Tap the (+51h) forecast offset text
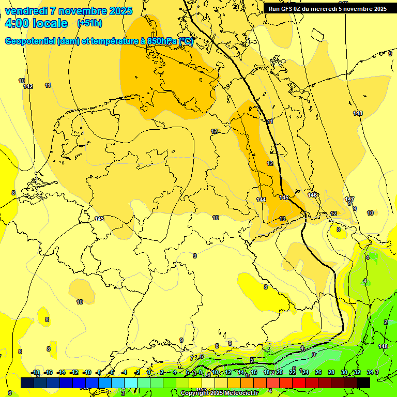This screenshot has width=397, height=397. click(x=89, y=23)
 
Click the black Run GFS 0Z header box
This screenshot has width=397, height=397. click(x=327, y=9)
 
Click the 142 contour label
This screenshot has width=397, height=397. click(x=28, y=86)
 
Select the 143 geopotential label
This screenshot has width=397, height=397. click(x=99, y=219)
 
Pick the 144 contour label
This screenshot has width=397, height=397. click(x=261, y=200)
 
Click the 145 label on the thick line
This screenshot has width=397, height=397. click(x=284, y=197)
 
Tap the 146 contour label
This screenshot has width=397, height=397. click(x=312, y=195)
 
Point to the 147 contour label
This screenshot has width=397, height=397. click(x=349, y=199)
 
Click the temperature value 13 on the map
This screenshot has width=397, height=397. click(x=282, y=219)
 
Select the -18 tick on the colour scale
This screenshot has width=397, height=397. click(x=35, y=372)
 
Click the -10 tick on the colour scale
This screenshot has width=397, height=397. click(x=87, y=372)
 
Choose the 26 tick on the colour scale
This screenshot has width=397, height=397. click(x=318, y=372)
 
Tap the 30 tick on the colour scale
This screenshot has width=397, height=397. click(x=344, y=372)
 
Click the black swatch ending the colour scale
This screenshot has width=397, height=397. click(x=363, y=383)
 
